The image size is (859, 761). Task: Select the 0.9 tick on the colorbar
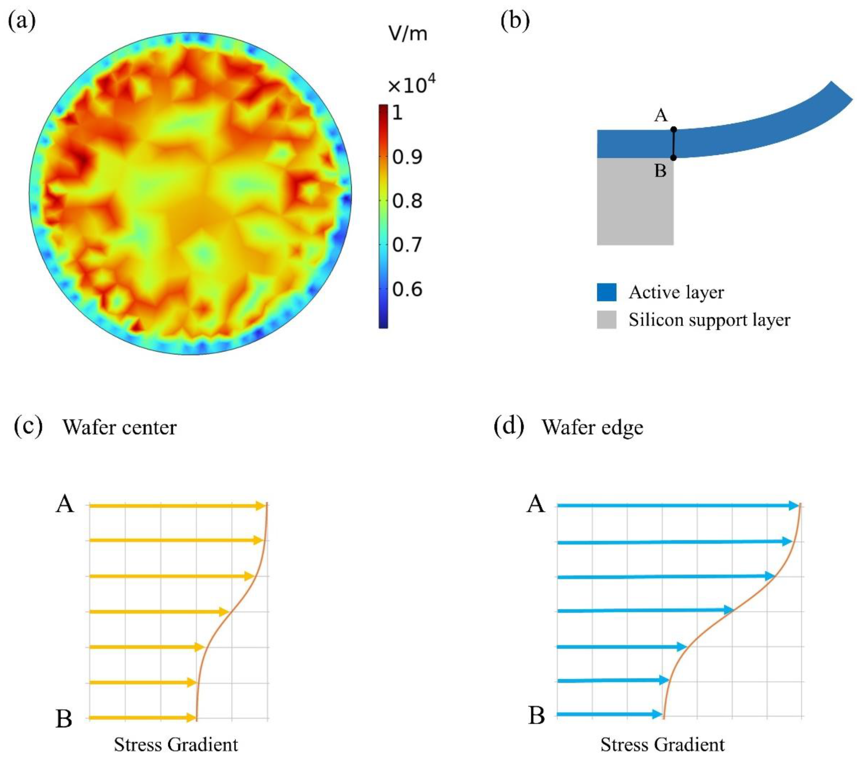407,157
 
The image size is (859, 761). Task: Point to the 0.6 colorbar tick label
407,289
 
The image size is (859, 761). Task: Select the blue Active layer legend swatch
607,292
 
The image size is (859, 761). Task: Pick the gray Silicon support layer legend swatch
607,320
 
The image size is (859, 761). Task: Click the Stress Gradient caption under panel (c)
176,745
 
